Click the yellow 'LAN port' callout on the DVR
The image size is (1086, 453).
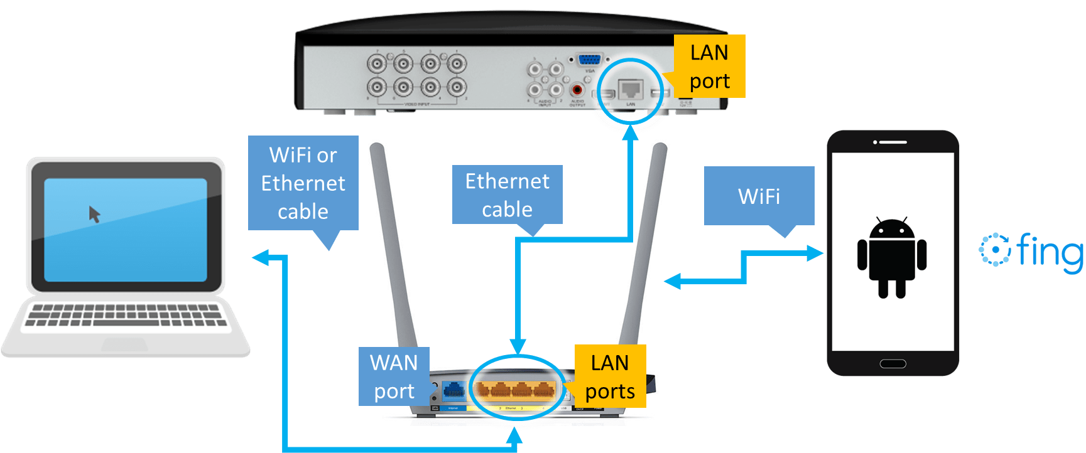point(709,66)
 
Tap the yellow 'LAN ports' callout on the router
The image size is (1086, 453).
point(610,376)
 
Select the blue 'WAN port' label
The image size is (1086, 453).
point(394,376)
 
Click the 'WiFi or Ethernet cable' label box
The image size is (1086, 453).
point(303,183)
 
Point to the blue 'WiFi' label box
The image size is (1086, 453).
point(759,196)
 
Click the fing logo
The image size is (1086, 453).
point(1030,253)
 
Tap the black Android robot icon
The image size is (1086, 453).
point(892,258)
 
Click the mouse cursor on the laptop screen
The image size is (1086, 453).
point(94,215)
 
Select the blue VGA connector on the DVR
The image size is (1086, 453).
point(589,60)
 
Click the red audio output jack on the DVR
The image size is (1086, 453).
point(577,90)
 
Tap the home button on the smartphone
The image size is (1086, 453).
point(893,363)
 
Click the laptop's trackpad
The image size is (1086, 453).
point(124,344)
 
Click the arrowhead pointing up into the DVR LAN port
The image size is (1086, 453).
point(630,132)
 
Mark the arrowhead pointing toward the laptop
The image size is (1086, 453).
point(259,257)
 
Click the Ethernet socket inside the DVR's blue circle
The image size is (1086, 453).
point(630,90)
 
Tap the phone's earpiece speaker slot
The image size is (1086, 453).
point(893,142)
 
